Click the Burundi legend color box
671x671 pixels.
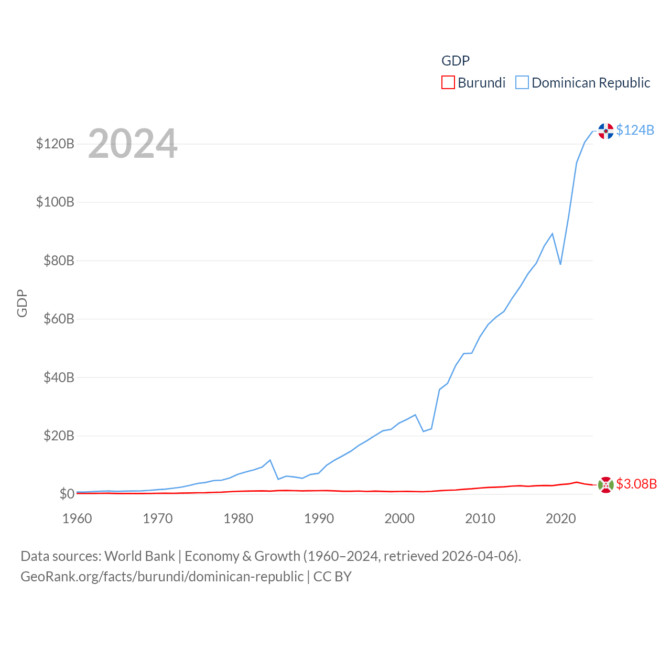point(448,83)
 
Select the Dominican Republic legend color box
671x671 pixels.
point(522,83)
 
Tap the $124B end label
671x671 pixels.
point(635,130)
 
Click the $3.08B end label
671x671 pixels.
point(636,484)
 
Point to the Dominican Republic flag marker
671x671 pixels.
point(606,131)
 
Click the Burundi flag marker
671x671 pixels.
point(606,485)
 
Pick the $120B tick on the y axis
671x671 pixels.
point(55,144)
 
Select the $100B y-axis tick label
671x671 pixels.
point(55,202)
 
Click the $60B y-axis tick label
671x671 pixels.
point(58,319)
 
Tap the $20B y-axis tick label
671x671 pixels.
point(58,436)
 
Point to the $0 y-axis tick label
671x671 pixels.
point(67,494)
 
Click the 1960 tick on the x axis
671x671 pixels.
point(77,518)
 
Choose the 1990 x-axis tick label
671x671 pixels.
point(319,518)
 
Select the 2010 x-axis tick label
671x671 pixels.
point(480,518)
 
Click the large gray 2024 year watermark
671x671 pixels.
point(133,144)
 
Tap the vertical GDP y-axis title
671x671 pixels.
point(22,304)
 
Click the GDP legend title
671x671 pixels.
point(456,61)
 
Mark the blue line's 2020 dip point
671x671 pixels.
point(560,264)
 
